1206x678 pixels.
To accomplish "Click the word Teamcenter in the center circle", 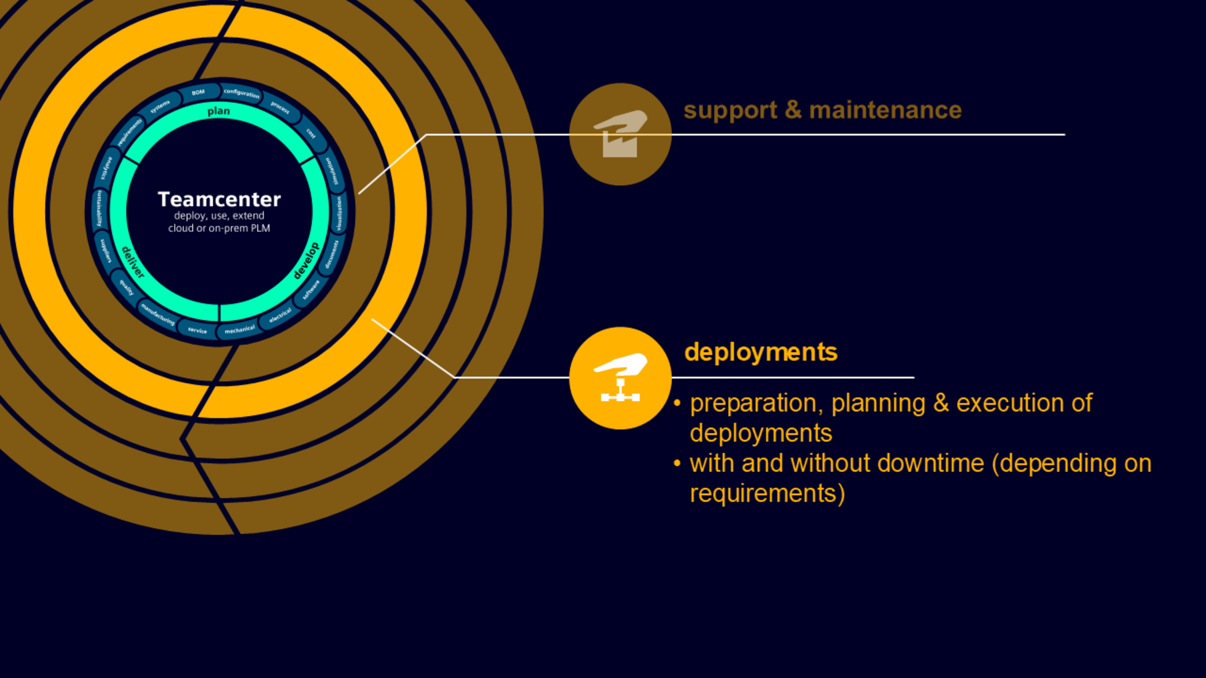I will coord(219,199).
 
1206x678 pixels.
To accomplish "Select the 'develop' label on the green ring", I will coord(306,261).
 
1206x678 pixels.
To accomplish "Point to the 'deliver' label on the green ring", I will coord(133,262).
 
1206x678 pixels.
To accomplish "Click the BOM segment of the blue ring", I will coord(198,92).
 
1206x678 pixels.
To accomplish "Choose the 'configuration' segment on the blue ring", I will coord(241,93).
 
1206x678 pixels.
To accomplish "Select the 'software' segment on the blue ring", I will coord(311,290).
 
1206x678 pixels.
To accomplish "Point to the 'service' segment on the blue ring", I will coord(197,330).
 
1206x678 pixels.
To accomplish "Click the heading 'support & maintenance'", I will coord(822,110).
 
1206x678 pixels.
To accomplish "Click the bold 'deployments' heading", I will coord(761,352).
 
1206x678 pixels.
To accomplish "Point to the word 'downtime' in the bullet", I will coord(930,463).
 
